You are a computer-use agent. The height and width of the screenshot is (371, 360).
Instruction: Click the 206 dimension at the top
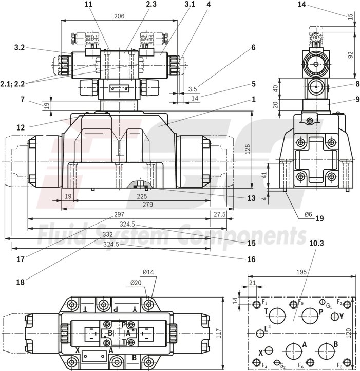click(119, 16)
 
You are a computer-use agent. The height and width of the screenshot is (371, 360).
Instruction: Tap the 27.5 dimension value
click(219, 214)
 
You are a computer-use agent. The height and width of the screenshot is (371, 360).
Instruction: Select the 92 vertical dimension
click(350, 55)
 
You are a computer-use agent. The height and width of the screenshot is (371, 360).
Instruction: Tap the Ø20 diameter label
click(136, 282)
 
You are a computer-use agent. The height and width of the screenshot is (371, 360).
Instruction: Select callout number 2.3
click(137, 4)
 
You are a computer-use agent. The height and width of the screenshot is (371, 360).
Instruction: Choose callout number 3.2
click(20, 47)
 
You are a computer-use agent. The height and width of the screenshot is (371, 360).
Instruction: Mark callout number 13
click(250, 198)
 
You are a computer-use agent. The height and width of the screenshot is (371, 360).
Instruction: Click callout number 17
click(20, 259)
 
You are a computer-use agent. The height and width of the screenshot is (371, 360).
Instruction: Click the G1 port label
click(329, 306)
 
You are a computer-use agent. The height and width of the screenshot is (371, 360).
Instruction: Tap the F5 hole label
click(301, 303)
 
